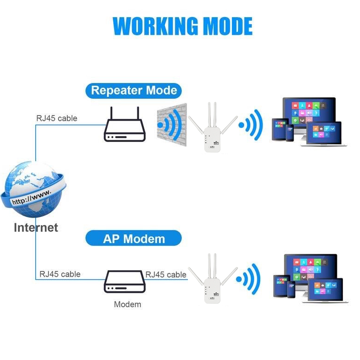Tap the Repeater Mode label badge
point(134,91)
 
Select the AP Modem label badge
point(134,238)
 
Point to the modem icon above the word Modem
point(125,282)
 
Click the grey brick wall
point(172,125)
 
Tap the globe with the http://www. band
point(33,189)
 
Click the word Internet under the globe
point(36,227)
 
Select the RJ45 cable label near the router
point(57,118)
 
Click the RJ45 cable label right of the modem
point(166,275)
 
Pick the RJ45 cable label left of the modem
point(60,274)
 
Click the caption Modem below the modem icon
point(128,304)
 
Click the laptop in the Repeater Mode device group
point(324,134)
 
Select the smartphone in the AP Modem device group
point(291,289)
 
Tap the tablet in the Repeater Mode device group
point(279,129)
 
